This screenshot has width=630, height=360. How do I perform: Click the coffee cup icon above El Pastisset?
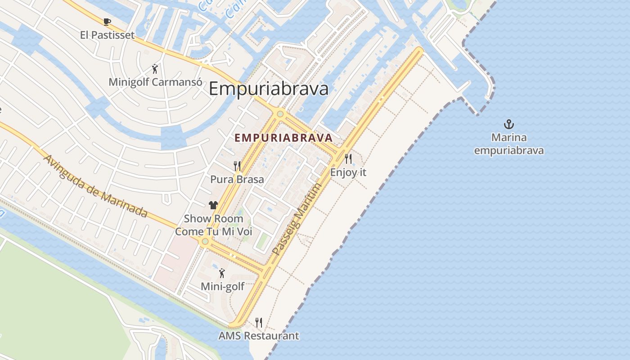click(x=107, y=22)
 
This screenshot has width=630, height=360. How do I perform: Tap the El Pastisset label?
click(x=107, y=35)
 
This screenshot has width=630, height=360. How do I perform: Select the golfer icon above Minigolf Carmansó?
click(x=155, y=69)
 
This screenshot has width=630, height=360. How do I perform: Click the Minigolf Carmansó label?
click(x=154, y=82)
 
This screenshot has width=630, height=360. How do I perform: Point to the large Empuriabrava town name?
click(x=269, y=89)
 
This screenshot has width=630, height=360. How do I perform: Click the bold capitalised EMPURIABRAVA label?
click(x=284, y=138)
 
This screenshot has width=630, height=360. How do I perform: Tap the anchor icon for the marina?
click(x=508, y=124)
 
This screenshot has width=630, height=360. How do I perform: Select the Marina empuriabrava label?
click(x=508, y=144)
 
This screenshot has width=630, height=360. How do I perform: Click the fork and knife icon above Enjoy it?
click(x=348, y=158)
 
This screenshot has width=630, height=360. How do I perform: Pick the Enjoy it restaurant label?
click(x=348, y=172)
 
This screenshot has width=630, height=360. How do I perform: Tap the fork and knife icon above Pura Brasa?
click(x=237, y=166)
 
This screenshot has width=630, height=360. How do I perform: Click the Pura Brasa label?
click(x=237, y=179)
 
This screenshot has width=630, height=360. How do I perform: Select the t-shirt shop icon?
click(x=213, y=205)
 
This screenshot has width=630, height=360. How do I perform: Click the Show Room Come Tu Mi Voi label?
click(x=214, y=225)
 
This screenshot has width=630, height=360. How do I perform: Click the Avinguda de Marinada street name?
click(x=96, y=186)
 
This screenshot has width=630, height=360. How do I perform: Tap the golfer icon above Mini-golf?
click(x=222, y=273)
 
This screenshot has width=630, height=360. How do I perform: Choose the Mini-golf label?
click(x=222, y=286)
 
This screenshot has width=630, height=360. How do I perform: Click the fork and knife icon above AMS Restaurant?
click(x=259, y=322)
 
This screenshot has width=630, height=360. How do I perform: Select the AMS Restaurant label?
click(x=259, y=336)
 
